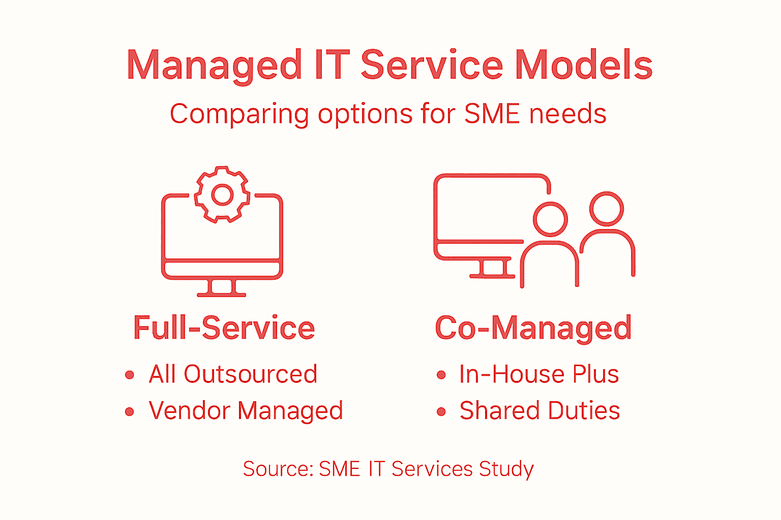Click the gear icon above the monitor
222,194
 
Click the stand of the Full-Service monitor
222,288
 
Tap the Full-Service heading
224,328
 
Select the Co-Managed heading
533,328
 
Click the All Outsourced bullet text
233,374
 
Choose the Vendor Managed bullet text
246,411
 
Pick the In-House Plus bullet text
539,374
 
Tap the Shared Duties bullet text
539,411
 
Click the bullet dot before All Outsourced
130,375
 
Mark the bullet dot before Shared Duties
441,412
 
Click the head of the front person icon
550,219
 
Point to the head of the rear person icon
607,209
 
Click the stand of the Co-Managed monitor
492,269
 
